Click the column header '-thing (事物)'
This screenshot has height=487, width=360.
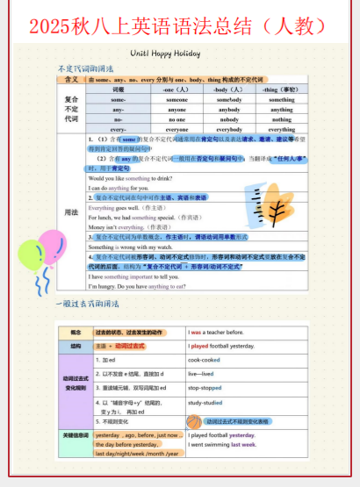282,90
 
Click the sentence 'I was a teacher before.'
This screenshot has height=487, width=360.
219,333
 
